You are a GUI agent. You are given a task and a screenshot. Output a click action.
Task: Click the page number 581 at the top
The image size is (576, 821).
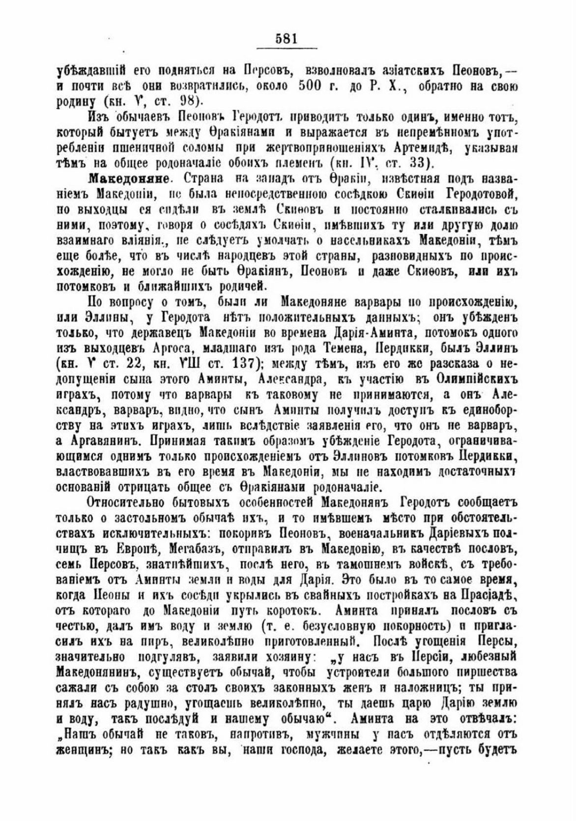pos(288,39)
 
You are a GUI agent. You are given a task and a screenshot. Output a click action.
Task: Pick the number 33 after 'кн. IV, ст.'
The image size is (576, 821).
pos(421,163)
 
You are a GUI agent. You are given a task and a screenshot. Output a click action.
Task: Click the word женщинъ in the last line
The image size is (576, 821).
pos(85,750)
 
